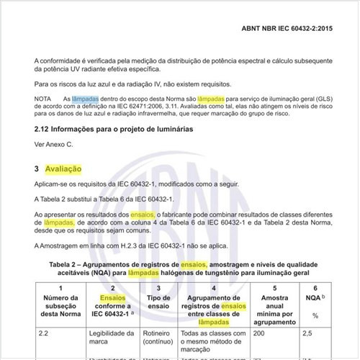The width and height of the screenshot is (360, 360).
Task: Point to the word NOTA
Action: (x=42, y=98)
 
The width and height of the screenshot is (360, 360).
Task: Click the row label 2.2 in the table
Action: (x=44, y=333)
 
